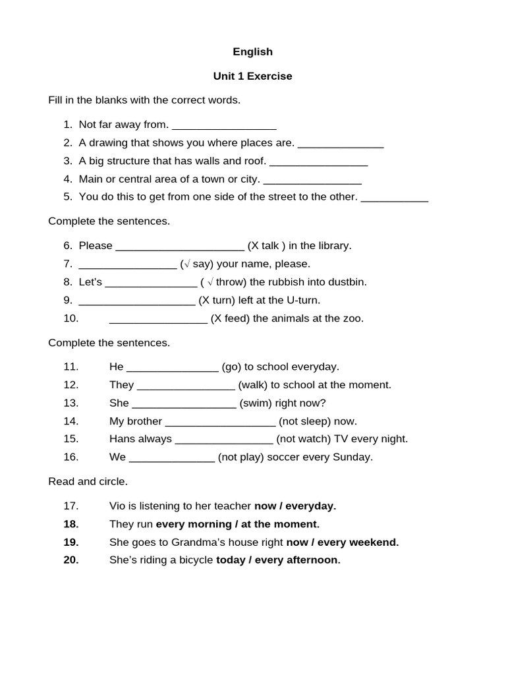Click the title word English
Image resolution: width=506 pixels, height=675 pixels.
252,51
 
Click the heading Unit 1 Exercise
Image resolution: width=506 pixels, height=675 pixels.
252,76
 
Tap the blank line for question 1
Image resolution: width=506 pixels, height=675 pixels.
223,125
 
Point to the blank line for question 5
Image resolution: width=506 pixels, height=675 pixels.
395,197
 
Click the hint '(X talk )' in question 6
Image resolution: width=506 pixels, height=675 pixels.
266,245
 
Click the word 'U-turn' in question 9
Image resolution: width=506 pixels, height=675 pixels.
304,300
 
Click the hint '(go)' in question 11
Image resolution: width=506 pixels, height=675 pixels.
231,367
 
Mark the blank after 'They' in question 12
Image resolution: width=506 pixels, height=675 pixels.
185,386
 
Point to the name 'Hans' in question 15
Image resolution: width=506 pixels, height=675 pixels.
122,439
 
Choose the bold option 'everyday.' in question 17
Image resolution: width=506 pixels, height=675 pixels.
310,506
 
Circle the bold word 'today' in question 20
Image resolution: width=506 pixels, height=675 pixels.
230,560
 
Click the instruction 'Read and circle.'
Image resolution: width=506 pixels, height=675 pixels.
88,481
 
